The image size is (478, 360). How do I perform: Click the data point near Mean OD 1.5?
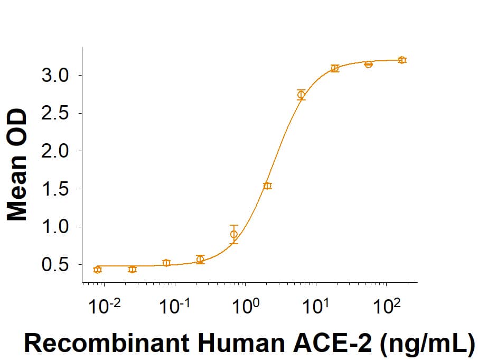(268, 186)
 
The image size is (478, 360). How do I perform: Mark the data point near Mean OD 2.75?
(301, 95)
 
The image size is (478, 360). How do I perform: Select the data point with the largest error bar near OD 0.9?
(234, 234)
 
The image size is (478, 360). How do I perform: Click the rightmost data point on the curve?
(402, 60)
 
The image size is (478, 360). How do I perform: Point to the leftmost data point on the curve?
(97, 270)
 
